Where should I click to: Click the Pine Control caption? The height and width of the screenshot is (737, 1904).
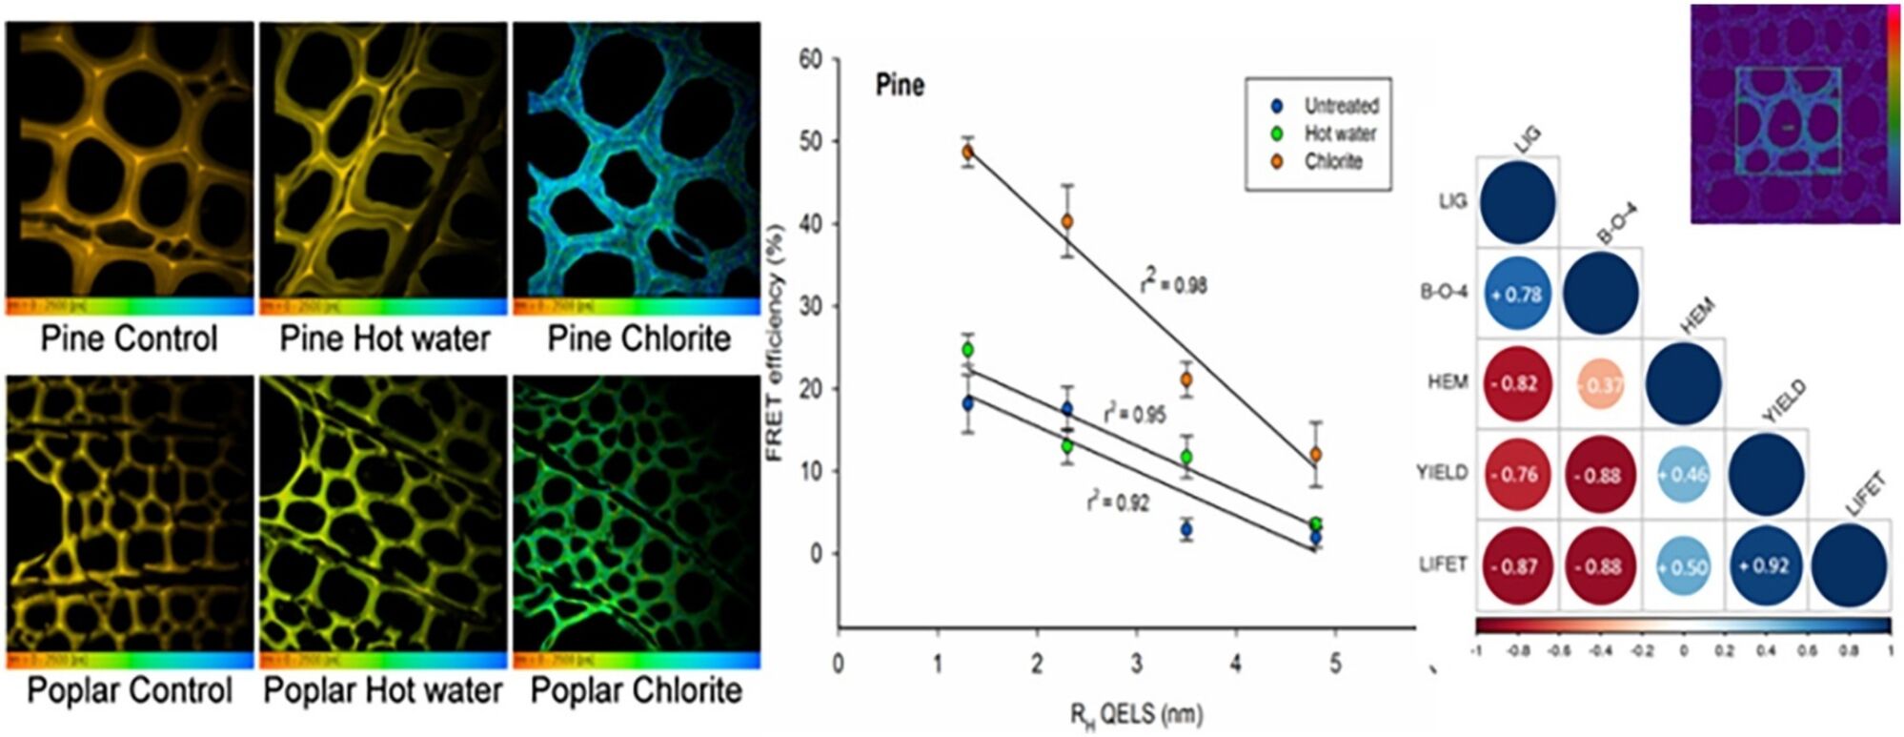click(x=130, y=339)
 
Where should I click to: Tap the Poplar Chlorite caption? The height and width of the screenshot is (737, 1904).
click(x=636, y=691)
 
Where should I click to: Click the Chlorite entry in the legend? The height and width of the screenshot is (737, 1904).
click(x=1333, y=162)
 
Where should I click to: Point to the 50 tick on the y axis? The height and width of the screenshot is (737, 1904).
click(x=810, y=141)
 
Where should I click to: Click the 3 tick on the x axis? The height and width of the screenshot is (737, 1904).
click(x=1136, y=664)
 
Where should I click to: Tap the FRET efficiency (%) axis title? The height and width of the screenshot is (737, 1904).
click(x=774, y=343)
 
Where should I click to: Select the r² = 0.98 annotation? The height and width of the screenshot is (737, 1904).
click(x=1174, y=283)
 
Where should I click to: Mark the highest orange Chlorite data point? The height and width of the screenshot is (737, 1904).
click(x=967, y=152)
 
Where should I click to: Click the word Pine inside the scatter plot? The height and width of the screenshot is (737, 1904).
click(x=900, y=86)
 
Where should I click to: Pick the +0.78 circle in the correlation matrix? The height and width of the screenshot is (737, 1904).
click(x=1518, y=294)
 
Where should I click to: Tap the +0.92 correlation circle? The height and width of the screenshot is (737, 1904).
click(x=1765, y=565)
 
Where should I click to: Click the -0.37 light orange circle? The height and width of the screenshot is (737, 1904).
click(x=1601, y=384)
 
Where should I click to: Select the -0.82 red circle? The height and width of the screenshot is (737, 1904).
click(x=1518, y=383)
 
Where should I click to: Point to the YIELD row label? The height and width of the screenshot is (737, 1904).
click(x=1441, y=473)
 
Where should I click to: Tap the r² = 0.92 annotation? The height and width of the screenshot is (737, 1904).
click(x=1117, y=503)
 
